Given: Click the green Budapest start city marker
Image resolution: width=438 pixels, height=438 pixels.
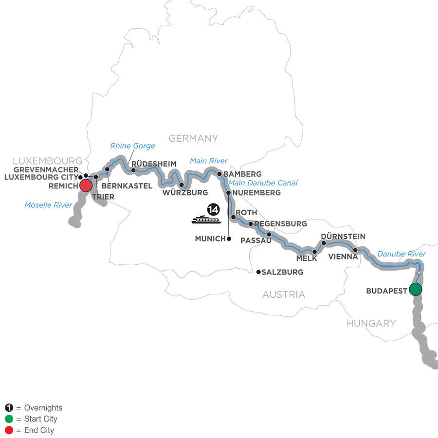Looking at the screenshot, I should (x=415, y=290).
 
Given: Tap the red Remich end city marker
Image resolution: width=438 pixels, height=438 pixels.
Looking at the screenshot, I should (x=86, y=185).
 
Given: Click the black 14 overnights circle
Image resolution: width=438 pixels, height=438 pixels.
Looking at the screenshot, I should (x=213, y=210).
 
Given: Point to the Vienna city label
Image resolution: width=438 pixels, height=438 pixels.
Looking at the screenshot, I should (x=343, y=256).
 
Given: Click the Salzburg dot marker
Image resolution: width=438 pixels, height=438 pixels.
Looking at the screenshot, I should (x=258, y=272).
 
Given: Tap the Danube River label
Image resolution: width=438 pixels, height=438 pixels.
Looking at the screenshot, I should (x=401, y=254).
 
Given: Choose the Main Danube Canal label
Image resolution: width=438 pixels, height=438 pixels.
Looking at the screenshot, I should (x=263, y=183).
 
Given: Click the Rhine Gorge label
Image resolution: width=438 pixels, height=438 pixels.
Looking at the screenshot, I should (x=132, y=146).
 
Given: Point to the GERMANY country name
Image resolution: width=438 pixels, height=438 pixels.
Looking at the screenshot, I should (x=193, y=139).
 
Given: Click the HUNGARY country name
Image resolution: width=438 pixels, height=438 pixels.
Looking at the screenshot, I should (x=371, y=323).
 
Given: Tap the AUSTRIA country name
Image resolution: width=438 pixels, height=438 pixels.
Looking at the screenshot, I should (x=284, y=294).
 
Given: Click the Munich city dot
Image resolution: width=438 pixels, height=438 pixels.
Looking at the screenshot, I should (x=229, y=238).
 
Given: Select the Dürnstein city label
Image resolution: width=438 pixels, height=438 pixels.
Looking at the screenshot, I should (x=343, y=236).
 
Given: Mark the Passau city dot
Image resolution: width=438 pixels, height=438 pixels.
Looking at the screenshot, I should (x=269, y=234).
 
